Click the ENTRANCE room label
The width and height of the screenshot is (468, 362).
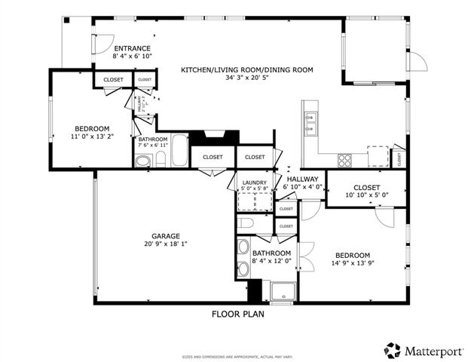(132, 48)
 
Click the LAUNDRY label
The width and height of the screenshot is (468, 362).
(254, 183)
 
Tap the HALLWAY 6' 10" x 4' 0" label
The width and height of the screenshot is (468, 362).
(302, 182)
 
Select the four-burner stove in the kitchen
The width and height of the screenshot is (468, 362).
(344, 159)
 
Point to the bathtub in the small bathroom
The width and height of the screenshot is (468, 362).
(179, 151)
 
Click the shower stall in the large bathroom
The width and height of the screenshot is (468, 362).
(281, 292)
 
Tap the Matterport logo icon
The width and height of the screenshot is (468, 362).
(392, 350)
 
